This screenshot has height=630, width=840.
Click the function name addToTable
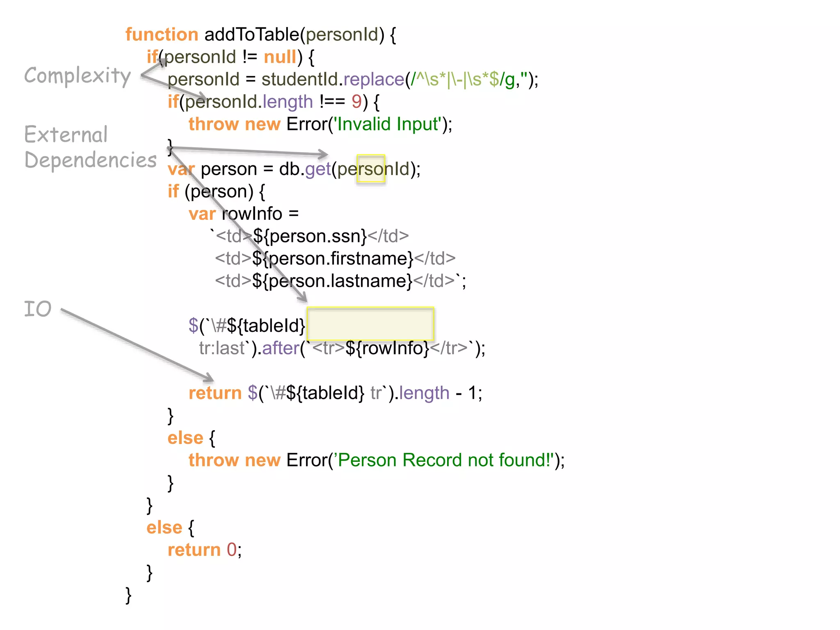[252, 34]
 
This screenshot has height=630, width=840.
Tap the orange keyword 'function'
[162, 34]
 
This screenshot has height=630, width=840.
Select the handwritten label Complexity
[78, 76]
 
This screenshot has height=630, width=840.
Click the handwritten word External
[66, 135]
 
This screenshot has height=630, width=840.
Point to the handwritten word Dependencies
[91, 160]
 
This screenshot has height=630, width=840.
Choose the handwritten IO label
[38, 309]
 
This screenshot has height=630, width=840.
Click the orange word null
[280, 57]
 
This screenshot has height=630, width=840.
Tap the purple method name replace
[374, 79]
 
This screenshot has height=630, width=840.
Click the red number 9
[356, 102]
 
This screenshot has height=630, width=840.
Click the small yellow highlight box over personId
[371, 169]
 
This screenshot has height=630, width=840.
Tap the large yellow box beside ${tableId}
[370, 324]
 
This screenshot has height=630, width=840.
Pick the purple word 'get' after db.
[318, 169]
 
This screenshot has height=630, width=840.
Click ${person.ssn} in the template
[310, 236]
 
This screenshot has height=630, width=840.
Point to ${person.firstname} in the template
[333, 258]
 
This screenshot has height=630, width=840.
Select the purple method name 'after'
[281, 348]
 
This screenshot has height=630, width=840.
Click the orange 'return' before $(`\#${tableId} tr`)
[215, 393]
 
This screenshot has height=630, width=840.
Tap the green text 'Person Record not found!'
[445, 460]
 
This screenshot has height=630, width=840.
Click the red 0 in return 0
[232, 550]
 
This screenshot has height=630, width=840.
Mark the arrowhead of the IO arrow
[210, 379]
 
